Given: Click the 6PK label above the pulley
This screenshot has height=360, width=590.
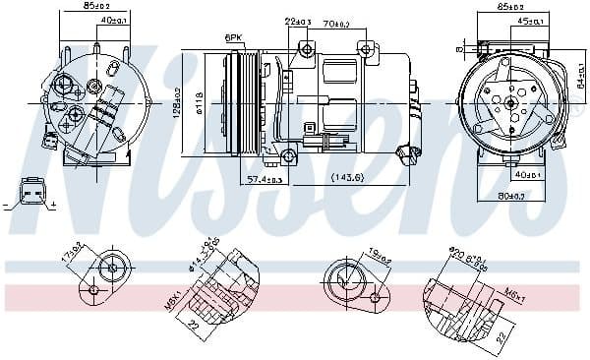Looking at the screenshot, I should click(x=233, y=37).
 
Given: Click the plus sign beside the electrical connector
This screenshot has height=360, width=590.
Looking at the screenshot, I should click(x=53, y=205).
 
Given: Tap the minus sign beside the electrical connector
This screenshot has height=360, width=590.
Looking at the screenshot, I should click(x=6, y=205).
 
